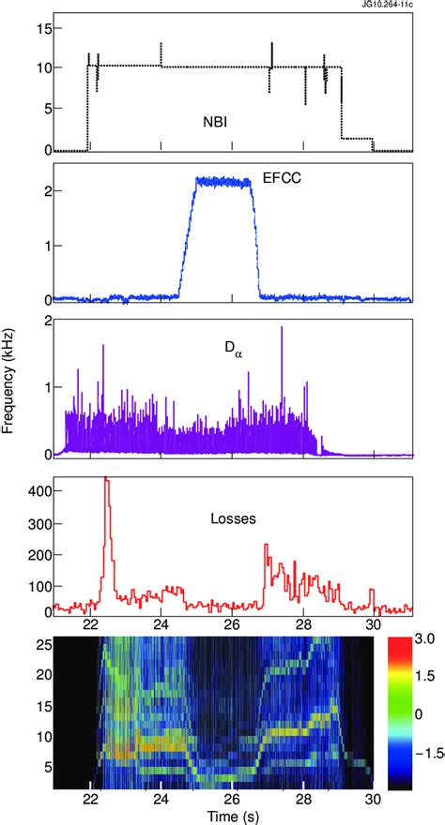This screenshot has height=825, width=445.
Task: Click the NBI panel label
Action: (x=214, y=122)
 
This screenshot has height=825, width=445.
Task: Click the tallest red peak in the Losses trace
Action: (x=106, y=479)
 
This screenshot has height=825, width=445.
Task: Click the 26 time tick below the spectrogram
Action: (x=232, y=798)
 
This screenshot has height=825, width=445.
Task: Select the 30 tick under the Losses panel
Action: (x=374, y=624)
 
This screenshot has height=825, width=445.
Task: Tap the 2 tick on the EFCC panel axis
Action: (x=43, y=191)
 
